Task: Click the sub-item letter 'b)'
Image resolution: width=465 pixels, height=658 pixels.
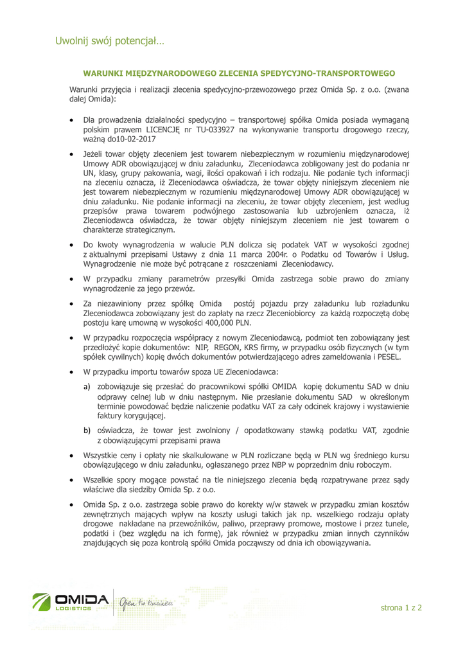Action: [85, 430]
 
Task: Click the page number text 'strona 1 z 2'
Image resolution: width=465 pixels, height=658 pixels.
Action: [401, 607]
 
